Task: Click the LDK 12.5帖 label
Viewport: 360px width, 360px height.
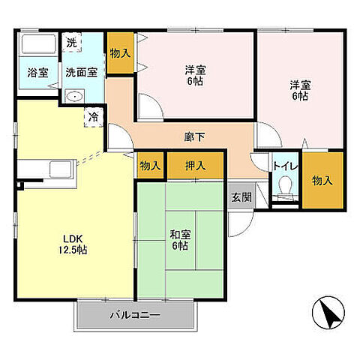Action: click(74, 244)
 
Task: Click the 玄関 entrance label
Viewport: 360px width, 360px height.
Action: click(241, 197)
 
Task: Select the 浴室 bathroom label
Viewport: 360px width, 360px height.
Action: click(37, 73)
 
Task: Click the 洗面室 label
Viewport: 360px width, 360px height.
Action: click(80, 73)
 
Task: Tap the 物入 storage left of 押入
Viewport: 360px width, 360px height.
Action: click(150, 166)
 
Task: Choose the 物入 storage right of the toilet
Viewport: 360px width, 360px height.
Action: click(322, 180)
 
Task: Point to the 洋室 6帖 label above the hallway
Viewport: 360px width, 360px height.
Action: click(195, 75)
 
